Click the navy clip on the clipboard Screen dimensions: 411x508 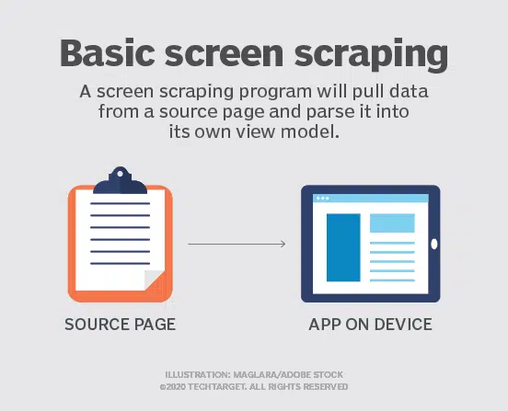(x=121, y=180)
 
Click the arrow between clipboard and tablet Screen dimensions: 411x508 (x=237, y=244)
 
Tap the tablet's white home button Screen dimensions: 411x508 (x=434, y=245)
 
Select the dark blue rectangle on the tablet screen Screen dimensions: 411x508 (x=343, y=246)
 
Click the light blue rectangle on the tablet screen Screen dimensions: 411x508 (x=392, y=223)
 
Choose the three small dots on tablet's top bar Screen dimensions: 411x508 (x=322, y=198)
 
